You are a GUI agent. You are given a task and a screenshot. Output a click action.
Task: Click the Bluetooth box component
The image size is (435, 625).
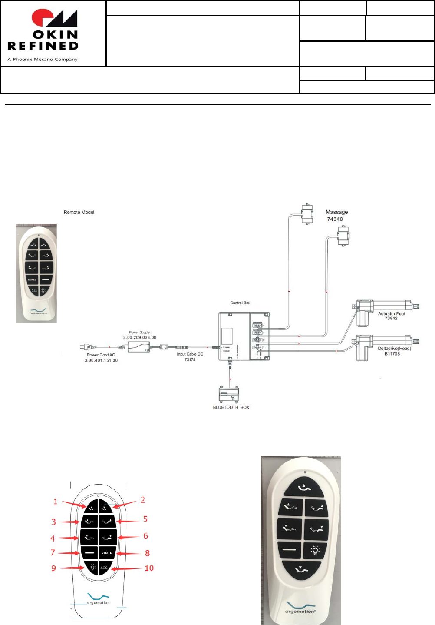(x=229, y=394)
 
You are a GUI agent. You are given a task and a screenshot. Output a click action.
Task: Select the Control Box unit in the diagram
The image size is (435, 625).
(x=244, y=336)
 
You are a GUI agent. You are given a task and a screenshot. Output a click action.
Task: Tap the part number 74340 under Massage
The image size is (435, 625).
(x=335, y=219)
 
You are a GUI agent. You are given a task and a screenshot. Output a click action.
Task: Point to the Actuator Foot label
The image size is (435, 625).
(x=391, y=313)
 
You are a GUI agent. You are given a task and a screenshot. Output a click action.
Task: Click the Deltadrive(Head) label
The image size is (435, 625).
(x=394, y=349)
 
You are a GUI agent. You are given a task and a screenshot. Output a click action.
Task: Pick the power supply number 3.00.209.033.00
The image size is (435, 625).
(x=139, y=337)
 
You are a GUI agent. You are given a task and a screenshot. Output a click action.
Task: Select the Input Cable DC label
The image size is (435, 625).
(x=190, y=354)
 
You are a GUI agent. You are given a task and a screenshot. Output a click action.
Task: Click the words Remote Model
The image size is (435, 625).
(x=79, y=212)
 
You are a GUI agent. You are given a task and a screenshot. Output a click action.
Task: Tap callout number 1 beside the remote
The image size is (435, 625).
(x=55, y=502)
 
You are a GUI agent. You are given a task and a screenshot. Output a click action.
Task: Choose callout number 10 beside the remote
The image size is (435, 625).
(x=149, y=568)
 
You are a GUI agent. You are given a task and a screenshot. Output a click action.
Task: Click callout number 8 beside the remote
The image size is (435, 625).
(x=147, y=553)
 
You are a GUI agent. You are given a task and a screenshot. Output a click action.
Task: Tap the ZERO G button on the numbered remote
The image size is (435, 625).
(x=107, y=553)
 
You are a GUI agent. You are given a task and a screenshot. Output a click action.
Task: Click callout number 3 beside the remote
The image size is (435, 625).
(x=53, y=522)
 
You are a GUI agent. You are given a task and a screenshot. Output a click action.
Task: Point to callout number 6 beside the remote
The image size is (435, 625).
(x=145, y=536)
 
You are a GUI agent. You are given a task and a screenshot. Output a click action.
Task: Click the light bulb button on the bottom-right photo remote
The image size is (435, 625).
(x=316, y=550)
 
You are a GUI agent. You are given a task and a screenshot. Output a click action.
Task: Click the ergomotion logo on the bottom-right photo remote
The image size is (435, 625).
(x=300, y=608)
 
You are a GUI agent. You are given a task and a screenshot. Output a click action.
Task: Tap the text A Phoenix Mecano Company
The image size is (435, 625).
(x=43, y=60)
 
